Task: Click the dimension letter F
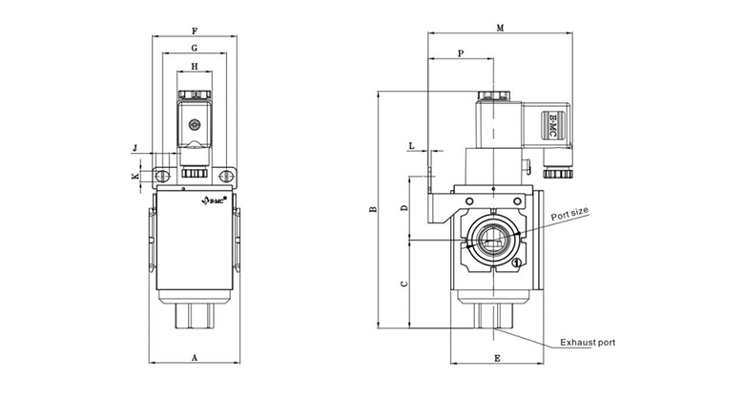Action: coord(195,30)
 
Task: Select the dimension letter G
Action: coord(195,48)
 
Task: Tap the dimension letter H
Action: coord(195,67)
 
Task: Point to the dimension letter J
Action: coord(135,148)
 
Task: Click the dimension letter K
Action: coord(134,177)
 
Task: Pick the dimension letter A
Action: coord(195,358)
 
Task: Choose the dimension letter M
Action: coord(500,29)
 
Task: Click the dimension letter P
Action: coord(461,54)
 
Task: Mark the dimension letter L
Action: coord(411,146)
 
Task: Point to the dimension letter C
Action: coord(403,284)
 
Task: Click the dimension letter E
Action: coord(498,358)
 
